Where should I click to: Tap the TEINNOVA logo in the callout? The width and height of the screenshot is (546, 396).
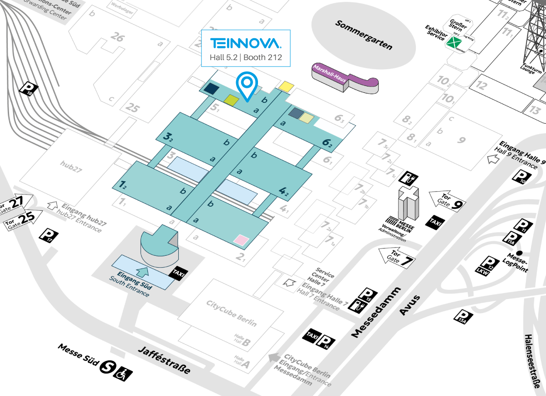pos(245,43)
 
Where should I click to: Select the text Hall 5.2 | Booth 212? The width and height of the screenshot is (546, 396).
pos(245,57)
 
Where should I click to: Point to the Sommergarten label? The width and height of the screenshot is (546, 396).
pos(364,35)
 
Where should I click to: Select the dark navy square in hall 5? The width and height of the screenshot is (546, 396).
pos(211,88)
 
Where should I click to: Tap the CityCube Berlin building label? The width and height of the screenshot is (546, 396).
pos(231,313)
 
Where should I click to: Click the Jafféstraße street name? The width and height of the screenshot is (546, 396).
pos(164,359)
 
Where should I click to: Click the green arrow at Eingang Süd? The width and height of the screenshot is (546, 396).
pos(143,272)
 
